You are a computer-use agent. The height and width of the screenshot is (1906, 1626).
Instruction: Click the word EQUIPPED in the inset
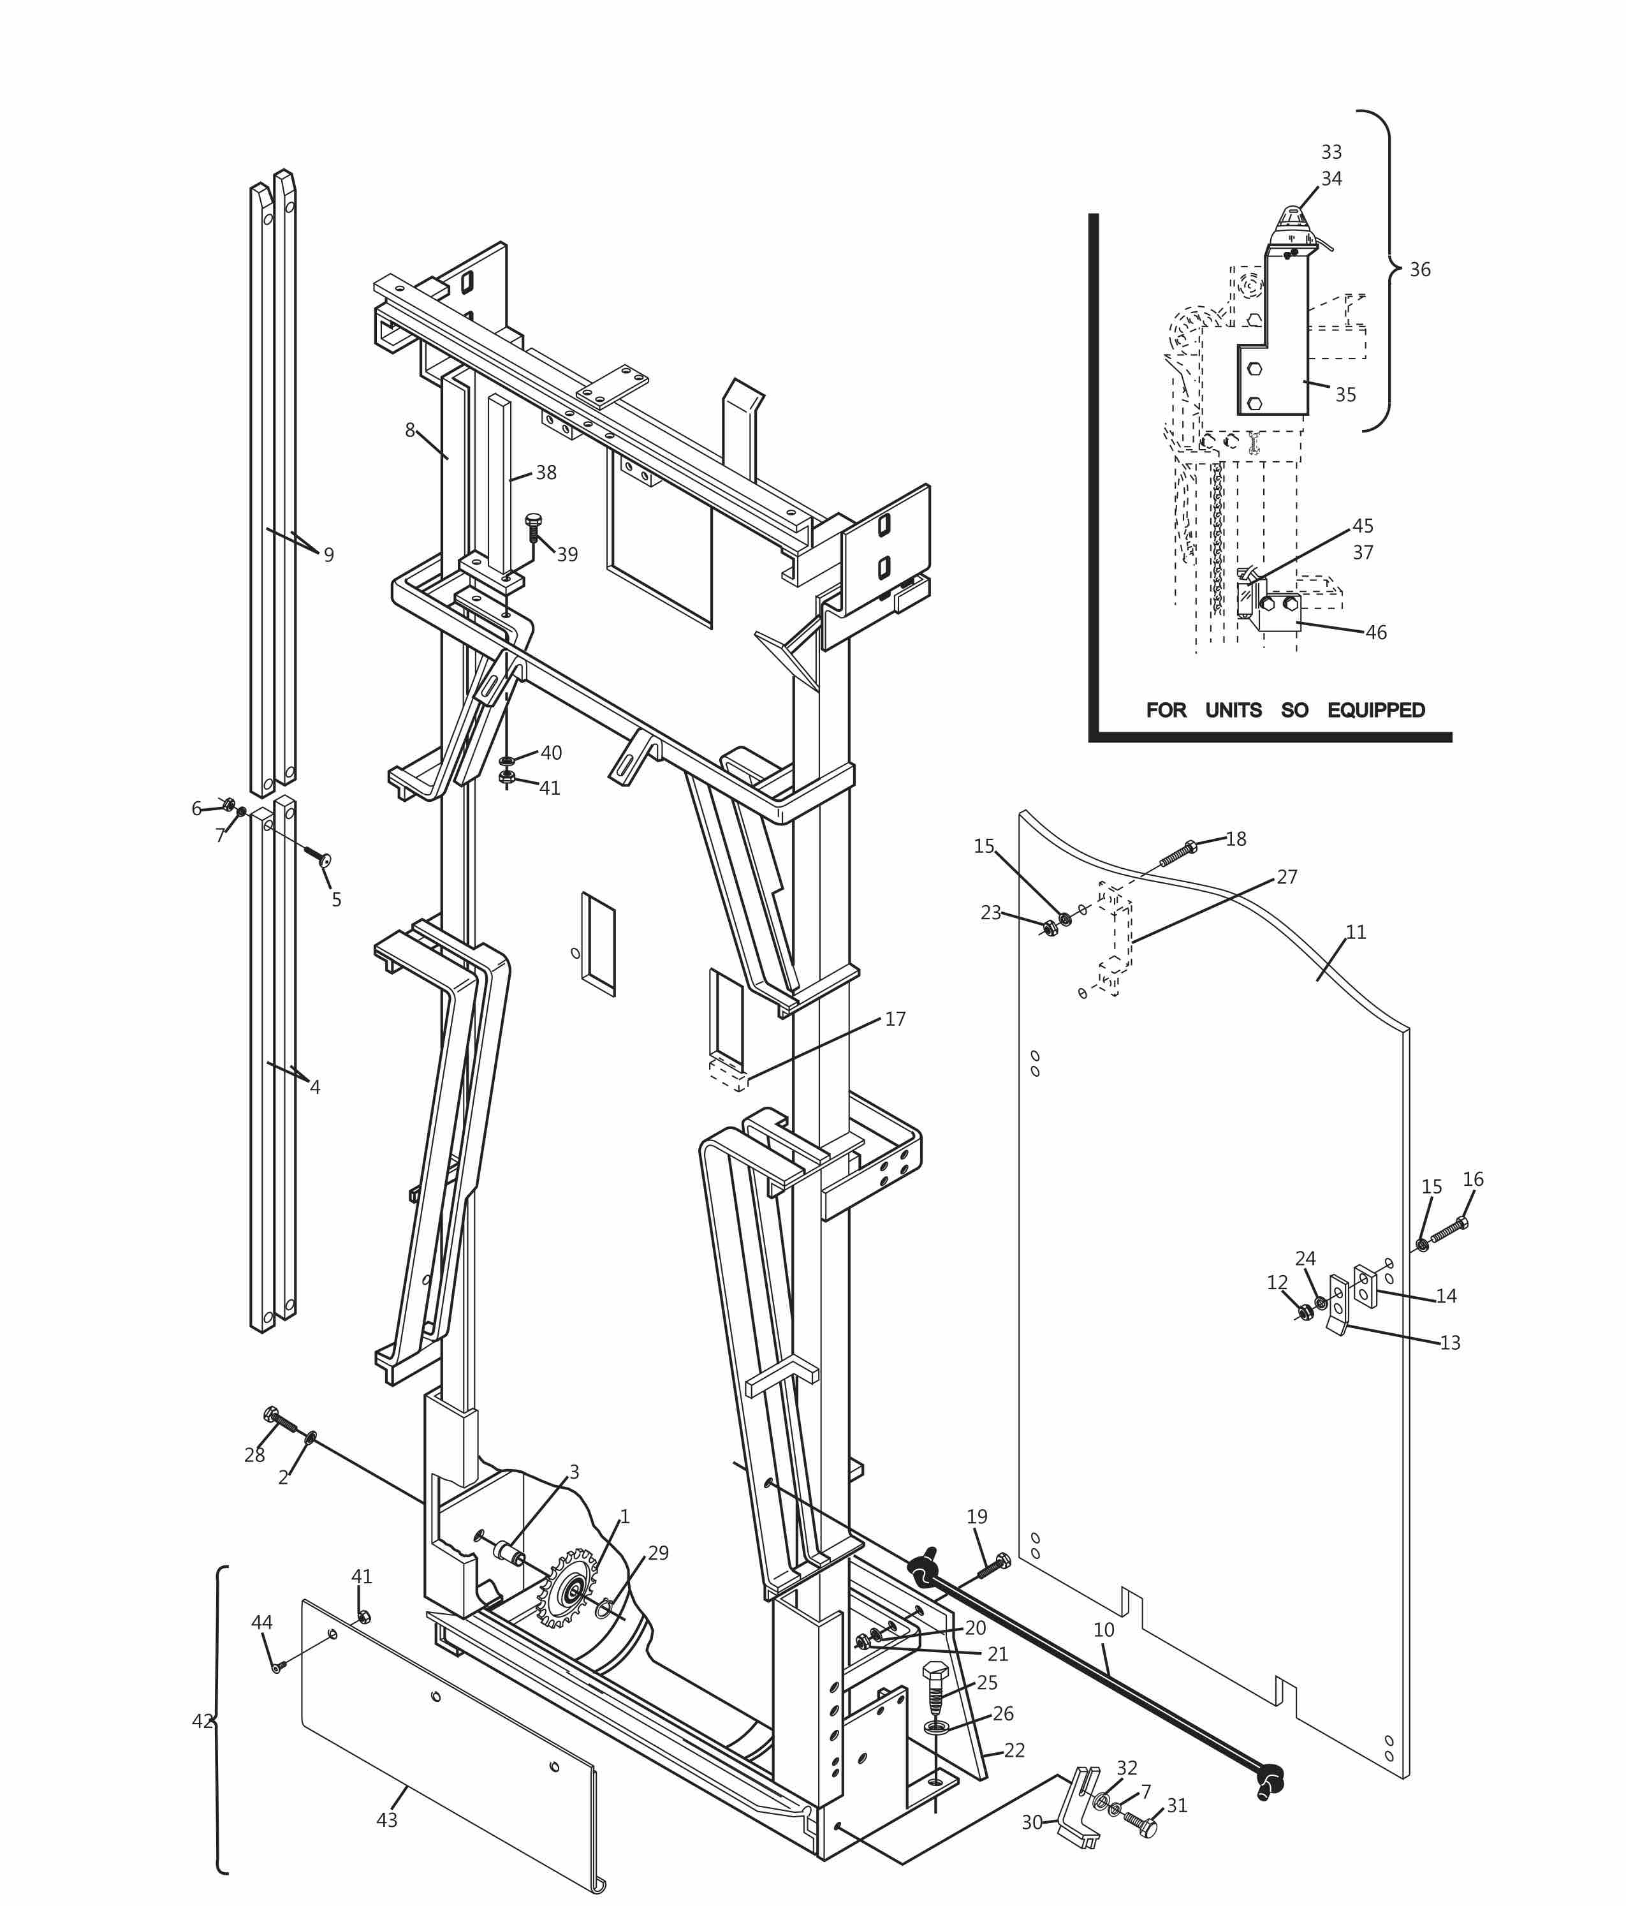1376,710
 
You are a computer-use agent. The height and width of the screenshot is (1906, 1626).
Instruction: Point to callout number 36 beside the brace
1420,270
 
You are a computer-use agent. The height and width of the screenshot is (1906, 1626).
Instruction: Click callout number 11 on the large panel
1356,932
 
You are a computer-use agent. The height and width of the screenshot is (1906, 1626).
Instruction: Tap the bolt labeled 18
1178,853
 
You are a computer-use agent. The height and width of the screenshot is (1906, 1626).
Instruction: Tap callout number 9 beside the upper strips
328,555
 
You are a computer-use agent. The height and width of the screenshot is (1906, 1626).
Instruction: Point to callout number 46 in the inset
1376,632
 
